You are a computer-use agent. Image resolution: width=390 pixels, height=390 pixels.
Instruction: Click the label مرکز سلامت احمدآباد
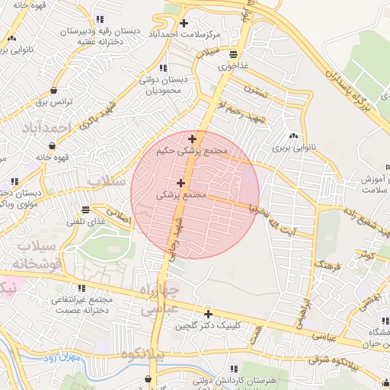(x=194, y=36)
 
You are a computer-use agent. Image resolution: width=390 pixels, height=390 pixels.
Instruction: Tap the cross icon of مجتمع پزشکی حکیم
(x=192, y=139)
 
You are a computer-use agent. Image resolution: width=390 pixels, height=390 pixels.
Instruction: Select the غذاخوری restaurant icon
(x=232, y=54)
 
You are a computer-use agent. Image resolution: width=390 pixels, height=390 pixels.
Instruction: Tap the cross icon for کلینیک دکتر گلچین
(x=208, y=313)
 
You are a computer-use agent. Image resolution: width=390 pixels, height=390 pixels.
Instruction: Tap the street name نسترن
(x=257, y=90)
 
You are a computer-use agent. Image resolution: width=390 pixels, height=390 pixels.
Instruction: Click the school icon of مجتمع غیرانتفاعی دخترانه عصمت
(x=81, y=289)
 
